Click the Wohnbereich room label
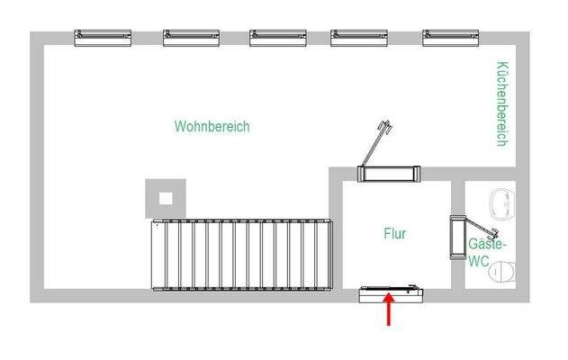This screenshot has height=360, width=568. coord(212,127)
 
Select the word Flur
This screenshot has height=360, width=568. coord(394,234)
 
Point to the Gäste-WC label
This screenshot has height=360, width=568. coord(485,252)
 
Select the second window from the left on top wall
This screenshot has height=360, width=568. coord(192,37)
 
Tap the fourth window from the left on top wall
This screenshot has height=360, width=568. coord(359,37)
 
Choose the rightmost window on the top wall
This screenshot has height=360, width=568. coord(450,37)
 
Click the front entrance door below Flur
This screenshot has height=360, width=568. coord(392,292)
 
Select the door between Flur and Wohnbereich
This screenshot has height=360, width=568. coord(389,173)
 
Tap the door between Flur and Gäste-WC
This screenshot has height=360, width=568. coord(455,236)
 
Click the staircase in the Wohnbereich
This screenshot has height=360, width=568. coord(242,255)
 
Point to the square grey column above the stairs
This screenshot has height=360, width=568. coord(166,196)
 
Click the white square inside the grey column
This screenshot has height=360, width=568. coord(166,196)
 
